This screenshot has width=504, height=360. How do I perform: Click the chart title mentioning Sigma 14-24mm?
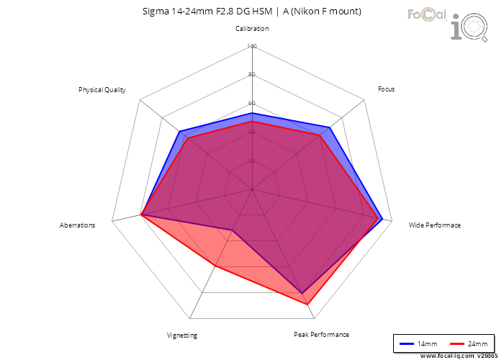pyautogui.click(x=251, y=12)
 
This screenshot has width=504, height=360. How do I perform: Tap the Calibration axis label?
pyautogui.click(x=252, y=29)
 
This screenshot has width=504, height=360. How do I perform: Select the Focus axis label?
pyautogui.click(x=386, y=89)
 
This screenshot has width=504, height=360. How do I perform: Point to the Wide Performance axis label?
pyautogui.click(x=434, y=225)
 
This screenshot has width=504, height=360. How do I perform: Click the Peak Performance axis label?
pyautogui.click(x=321, y=334)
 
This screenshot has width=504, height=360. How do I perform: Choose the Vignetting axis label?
pyautogui.click(x=181, y=335)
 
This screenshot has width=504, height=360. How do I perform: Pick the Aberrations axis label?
pyautogui.click(x=77, y=225)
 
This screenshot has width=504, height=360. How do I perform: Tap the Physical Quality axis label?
pyautogui.click(x=102, y=90)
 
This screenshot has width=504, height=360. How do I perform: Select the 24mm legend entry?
pyautogui.click(x=466, y=343)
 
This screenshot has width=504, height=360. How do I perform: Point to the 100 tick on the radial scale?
pyautogui.click(x=251, y=47)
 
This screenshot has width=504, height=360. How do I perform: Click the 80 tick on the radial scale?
pyautogui.click(x=251, y=75)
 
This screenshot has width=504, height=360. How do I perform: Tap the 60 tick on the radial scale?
pyautogui.click(x=251, y=103)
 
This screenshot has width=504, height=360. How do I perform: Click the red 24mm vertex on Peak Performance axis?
pyautogui.click(x=309, y=305)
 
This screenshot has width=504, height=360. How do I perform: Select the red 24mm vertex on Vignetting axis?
pyautogui.click(x=214, y=266)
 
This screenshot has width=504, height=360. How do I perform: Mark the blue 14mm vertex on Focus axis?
pyautogui.click(x=330, y=128)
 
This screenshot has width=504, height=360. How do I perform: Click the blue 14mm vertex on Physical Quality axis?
pyautogui.click(x=179, y=132)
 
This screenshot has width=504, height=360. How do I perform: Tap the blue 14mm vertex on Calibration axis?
pyautogui.click(x=252, y=114)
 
